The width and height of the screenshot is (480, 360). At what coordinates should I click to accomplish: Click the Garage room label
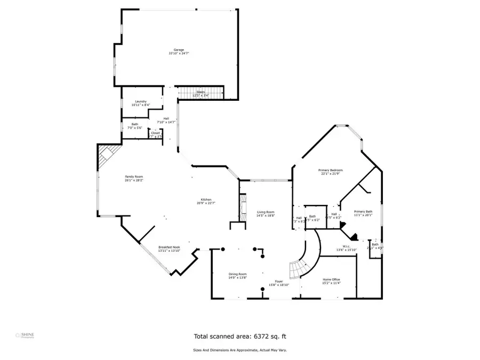point(179,50)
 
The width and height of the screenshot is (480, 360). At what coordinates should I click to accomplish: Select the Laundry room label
point(141,101)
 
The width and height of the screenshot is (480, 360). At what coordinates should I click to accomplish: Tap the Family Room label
point(134,177)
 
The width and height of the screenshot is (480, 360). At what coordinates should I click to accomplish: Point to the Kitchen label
point(206,199)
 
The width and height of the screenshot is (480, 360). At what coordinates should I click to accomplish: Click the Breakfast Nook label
point(169,247)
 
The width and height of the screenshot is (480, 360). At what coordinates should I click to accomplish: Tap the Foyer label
point(279,281)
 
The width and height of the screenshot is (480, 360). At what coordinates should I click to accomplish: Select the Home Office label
point(331,279)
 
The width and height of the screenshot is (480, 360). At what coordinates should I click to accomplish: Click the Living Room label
point(265,212)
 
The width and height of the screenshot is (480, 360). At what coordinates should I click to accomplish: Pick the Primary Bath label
point(363,211)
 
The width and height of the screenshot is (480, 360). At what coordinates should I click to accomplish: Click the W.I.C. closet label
point(342,246)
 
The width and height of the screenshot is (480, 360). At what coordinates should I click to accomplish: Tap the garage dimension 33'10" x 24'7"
point(179,53)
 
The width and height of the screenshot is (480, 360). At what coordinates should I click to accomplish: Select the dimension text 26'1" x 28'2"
point(134,180)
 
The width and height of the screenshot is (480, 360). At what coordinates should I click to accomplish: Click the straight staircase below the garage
point(200,93)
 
